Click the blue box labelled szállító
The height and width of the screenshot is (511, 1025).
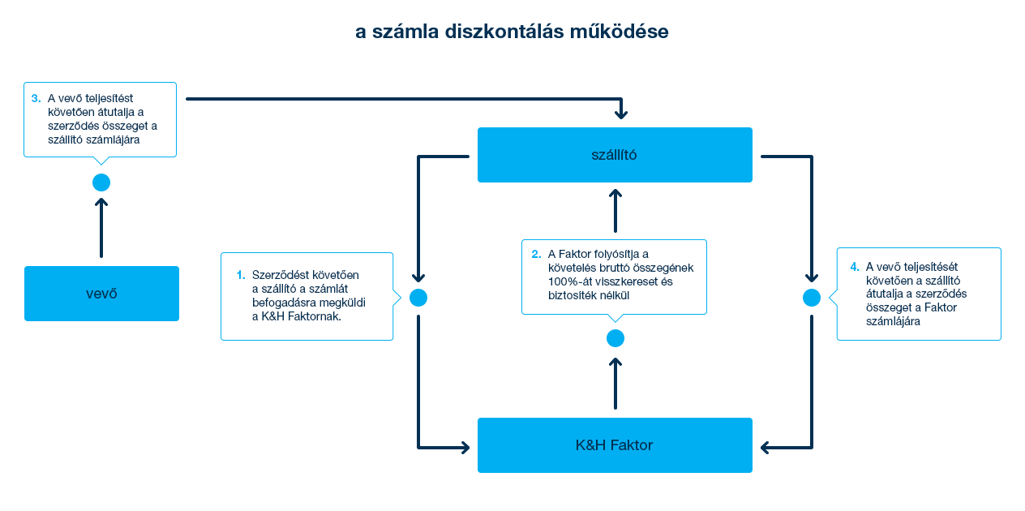click(x=614, y=154)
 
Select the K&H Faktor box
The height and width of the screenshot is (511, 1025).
click(x=614, y=444)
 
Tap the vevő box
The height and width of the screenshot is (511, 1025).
click(x=101, y=293)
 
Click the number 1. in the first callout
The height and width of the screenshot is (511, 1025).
click(x=241, y=275)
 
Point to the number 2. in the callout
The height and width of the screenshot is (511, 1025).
click(x=536, y=254)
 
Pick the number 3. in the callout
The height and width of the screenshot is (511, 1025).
click(x=36, y=98)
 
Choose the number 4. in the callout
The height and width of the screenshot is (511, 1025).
click(x=855, y=266)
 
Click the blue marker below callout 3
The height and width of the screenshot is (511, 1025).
click(x=100, y=182)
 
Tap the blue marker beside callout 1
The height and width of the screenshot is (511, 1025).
click(x=418, y=298)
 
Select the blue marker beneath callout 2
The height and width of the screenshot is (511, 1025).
click(x=615, y=338)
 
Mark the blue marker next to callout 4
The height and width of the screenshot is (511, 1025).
click(x=811, y=298)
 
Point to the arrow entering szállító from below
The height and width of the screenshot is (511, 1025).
click(x=615, y=211)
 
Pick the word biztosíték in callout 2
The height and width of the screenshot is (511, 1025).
click(x=573, y=296)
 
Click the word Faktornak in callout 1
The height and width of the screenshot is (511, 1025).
click(x=315, y=316)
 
